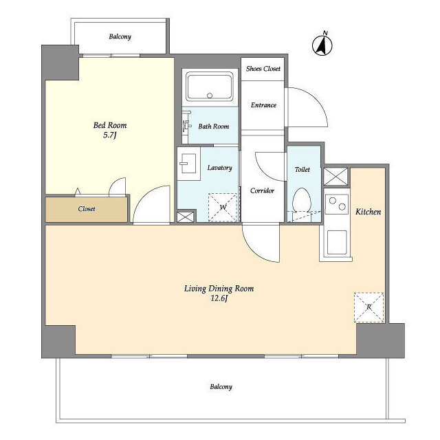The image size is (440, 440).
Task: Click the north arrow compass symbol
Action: point(322,44)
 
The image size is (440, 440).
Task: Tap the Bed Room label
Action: point(110,125)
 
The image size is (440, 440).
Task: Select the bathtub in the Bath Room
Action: point(210,87)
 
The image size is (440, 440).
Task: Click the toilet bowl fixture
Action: point(301,200)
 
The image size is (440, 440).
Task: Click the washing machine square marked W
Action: point(223,207)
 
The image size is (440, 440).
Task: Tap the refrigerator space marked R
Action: point(368,307)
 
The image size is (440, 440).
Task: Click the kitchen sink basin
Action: point(337,243)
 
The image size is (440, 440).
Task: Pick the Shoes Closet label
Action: point(263,69)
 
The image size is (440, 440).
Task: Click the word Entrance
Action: point(263,105)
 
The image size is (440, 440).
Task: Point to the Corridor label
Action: point(262,191)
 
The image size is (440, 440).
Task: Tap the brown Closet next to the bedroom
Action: point(87,209)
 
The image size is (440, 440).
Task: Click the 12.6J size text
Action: point(219,298)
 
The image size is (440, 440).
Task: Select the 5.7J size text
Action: point(110,135)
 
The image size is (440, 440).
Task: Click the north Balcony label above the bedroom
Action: point(120,36)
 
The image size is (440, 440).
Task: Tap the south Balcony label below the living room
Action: point(221,386)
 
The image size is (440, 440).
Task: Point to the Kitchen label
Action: point(368,212)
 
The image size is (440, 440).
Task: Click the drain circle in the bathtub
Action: point(210,96)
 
